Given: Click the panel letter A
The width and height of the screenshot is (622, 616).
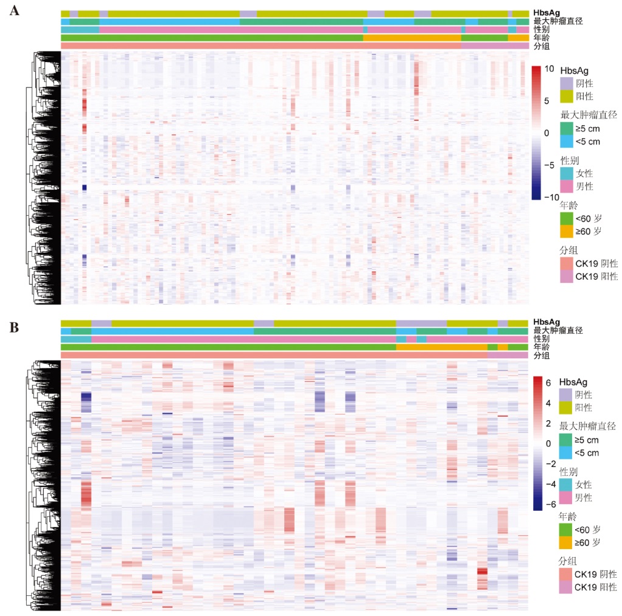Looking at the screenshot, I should click(x=13, y=10).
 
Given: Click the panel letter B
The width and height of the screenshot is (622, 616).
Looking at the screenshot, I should click(x=13, y=328).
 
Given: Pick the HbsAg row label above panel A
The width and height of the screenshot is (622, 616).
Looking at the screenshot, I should click(x=547, y=12).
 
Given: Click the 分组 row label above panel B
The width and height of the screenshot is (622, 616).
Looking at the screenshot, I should click(x=541, y=356).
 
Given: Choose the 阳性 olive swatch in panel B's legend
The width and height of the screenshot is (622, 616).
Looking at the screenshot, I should click(x=566, y=407).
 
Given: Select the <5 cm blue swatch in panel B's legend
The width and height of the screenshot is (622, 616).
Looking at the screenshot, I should click(x=566, y=453).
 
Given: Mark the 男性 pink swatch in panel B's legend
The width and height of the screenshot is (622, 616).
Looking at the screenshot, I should click(x=566, y=498).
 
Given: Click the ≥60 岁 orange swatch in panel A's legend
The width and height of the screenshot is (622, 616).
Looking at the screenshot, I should click(x=566, y=231).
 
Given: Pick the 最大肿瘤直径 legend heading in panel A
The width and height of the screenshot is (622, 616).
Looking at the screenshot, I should click(x=588, y=114).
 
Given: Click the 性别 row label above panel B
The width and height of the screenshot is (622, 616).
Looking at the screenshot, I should click(x=541, y=339).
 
